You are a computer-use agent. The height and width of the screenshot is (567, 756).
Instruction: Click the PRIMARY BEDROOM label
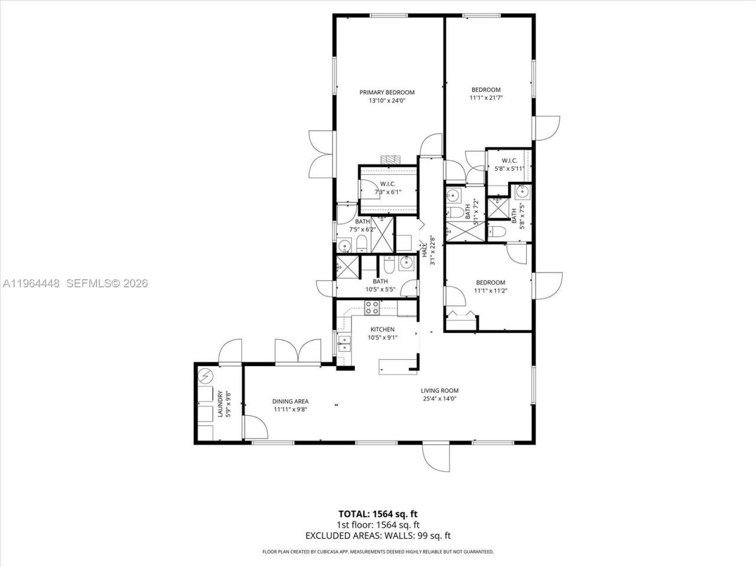tap(387, 92)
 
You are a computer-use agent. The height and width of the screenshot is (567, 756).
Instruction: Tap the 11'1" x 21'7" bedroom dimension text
tap(485, 99)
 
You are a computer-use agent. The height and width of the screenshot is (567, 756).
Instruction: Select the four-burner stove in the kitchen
tap(372, 307)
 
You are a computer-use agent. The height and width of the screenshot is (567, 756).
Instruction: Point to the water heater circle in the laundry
tap(206, 376)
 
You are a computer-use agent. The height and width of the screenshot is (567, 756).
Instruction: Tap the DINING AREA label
tap(290, 401)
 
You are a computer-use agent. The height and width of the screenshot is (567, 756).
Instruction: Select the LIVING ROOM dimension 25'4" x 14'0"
tap(439, 399)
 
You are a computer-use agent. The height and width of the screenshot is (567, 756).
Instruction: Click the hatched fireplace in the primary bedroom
tap(390, 159)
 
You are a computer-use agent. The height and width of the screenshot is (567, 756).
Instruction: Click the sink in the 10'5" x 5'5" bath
tap(406, 262)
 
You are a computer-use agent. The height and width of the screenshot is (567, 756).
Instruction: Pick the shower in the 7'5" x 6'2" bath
tap(383, 235)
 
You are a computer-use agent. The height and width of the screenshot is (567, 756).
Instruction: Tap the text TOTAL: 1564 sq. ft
tap(378, 513)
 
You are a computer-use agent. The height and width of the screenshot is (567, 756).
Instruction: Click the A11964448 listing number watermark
tap(31, 283)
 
